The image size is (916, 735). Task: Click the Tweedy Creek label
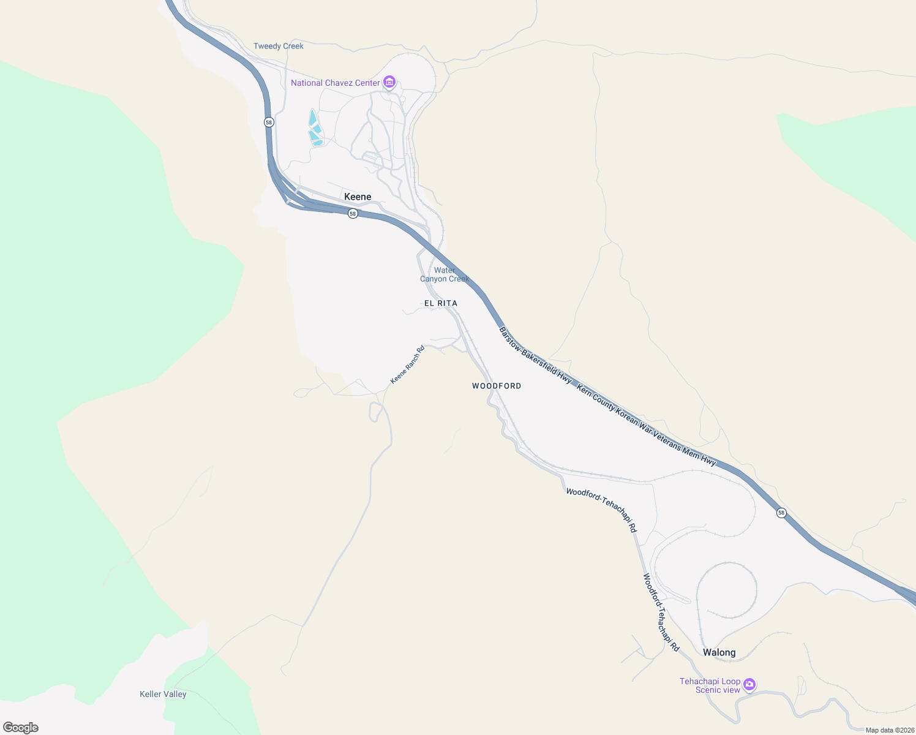[278, 46]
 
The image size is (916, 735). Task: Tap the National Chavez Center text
[335, 83]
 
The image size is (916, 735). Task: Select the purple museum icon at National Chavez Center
[389, 82]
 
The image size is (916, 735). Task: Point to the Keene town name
[358, 197]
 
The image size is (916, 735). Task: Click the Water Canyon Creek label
[445, 274]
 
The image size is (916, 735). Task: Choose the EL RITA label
[441, 303]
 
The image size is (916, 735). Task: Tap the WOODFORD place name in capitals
[497, 386]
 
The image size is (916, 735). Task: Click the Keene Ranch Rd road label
[408, 365]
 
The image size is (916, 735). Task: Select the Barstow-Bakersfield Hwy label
[535, 355]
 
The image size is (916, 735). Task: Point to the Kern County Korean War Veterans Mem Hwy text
[647, 425]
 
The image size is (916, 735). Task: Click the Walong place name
[719, 652]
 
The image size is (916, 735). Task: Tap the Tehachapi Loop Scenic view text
[710, 685]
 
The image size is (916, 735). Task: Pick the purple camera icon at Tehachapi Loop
[749, 685]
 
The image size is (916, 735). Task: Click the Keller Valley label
[163, 694]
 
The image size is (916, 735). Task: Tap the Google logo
[21, 727]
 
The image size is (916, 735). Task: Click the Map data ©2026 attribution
[890, 730]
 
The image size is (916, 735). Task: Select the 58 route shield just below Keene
[353, 213]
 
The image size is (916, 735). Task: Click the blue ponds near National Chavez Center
[315, 129]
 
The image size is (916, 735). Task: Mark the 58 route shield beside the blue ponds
[269, 123]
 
